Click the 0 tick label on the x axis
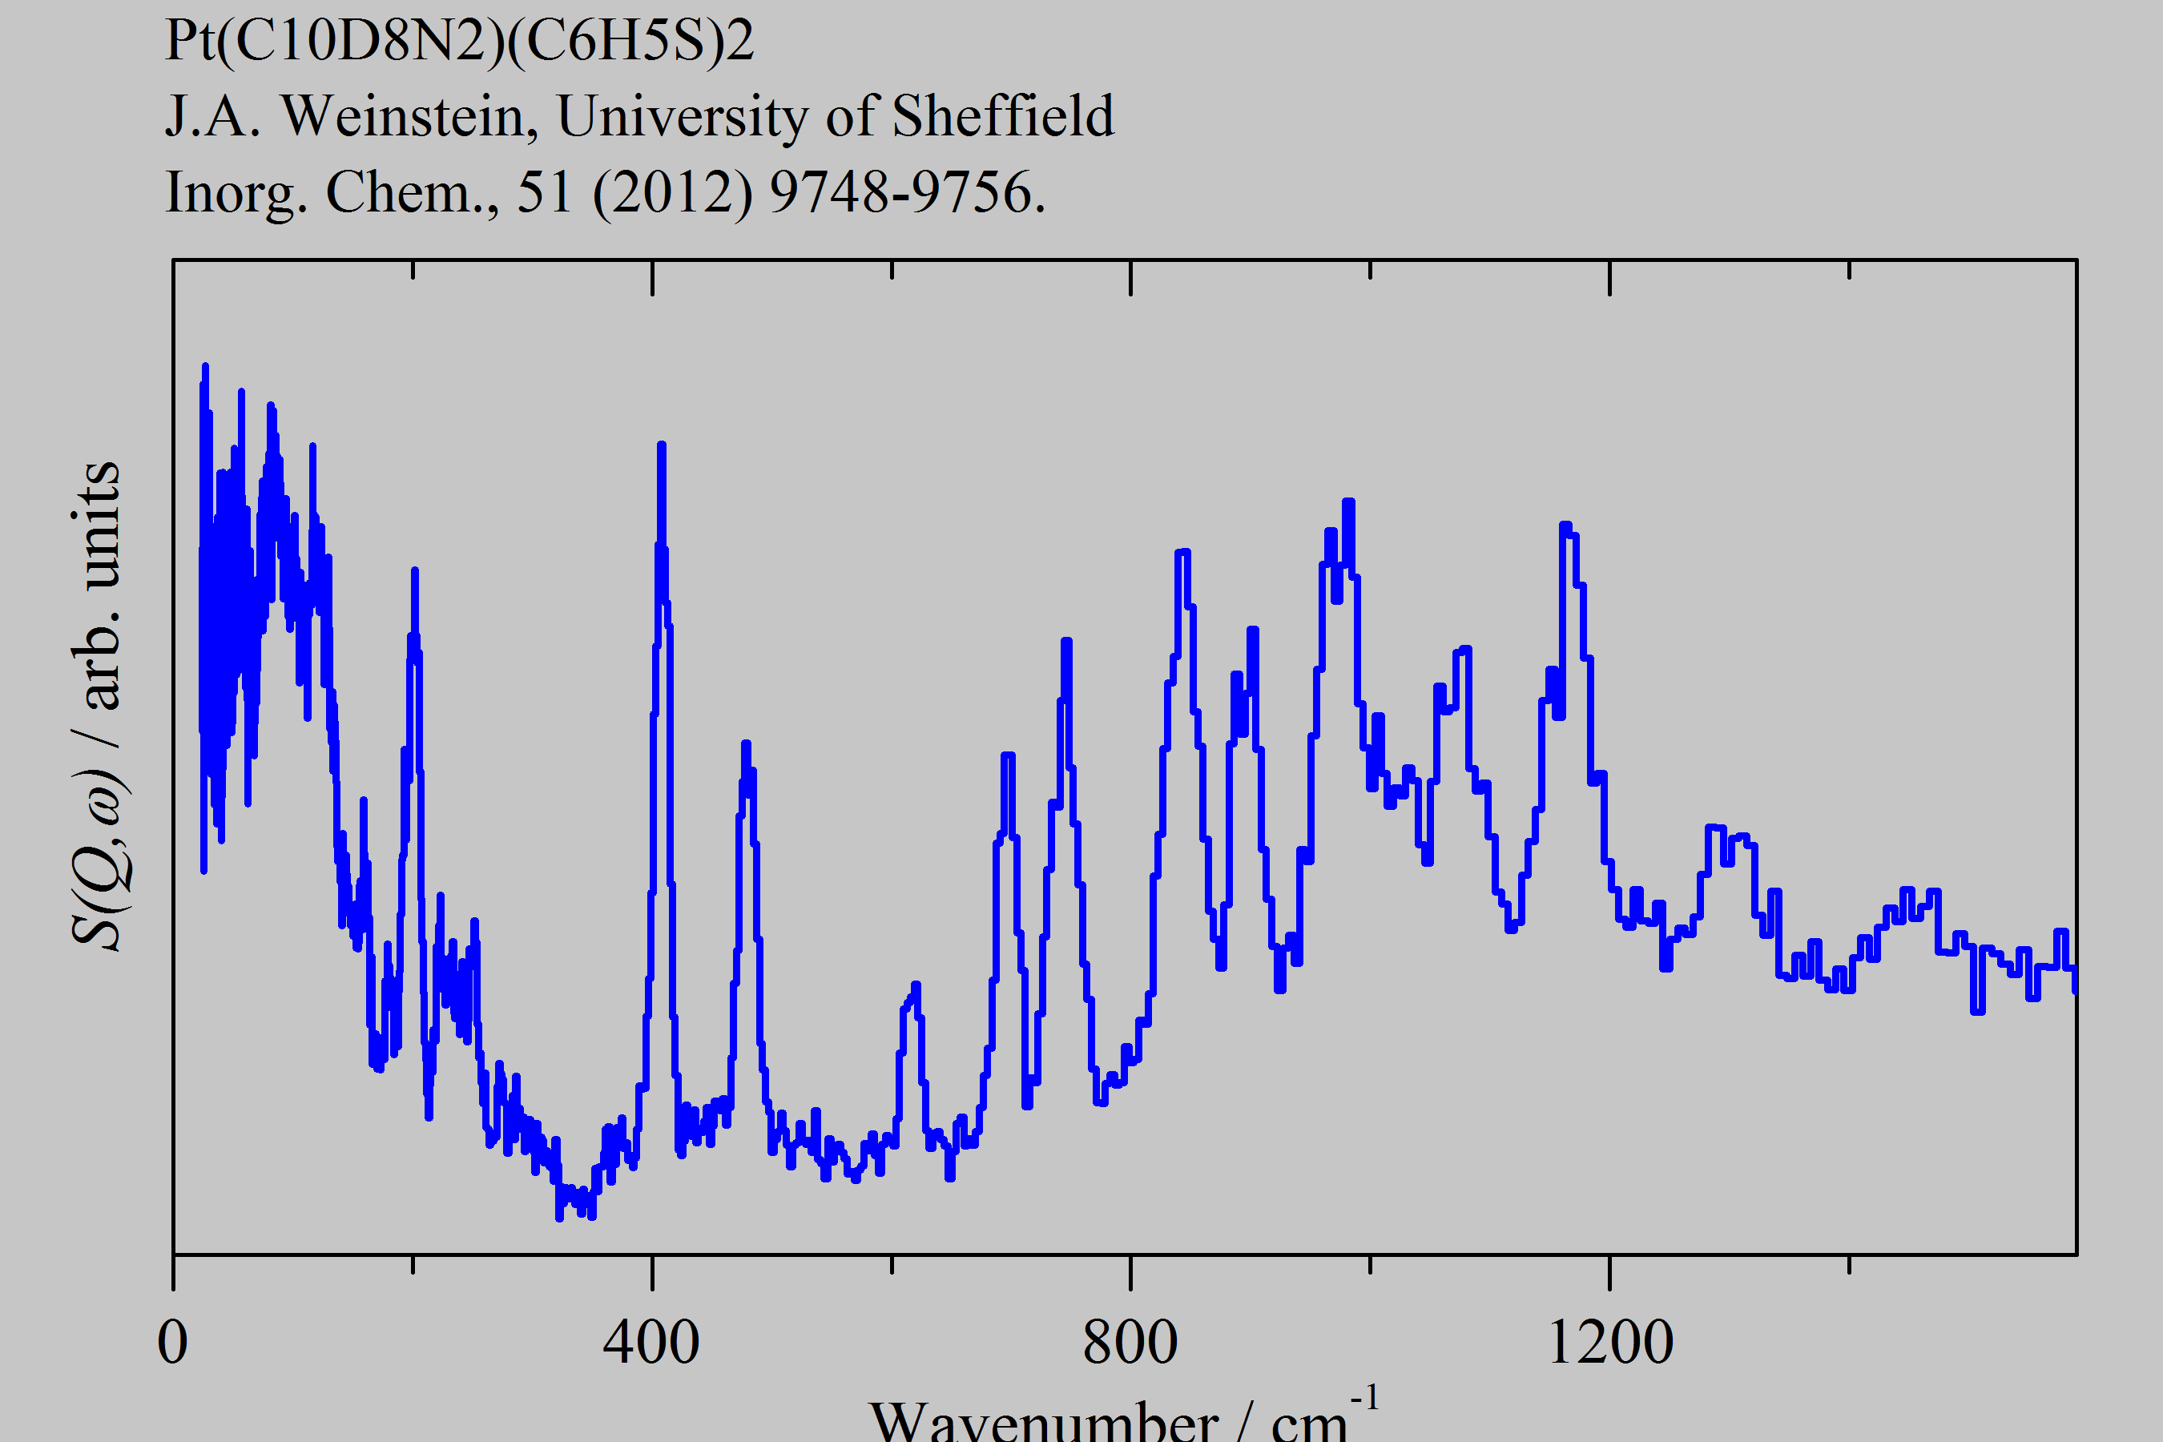point(173,1343)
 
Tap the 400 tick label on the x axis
point(651,1343)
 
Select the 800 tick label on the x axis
point(1130,1343)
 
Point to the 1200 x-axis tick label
point(1610,1343)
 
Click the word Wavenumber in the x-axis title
point(1043,1421)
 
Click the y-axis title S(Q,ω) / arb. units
point(97,704)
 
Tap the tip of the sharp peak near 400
point(661,446)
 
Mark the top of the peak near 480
point(745,743)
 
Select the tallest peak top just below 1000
point(1348,502)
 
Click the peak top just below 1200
point(1565,525)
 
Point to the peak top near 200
point(415,571)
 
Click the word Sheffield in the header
point(1002,117)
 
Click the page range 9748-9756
point(907,193)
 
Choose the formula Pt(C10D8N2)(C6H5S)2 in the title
point(459,41)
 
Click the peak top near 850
point(1182,553)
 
